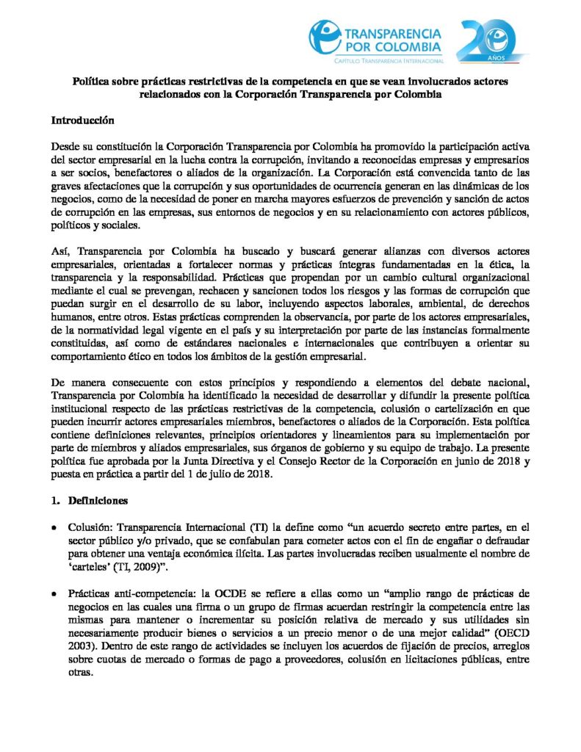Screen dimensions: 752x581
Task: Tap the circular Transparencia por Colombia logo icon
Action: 325,39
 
